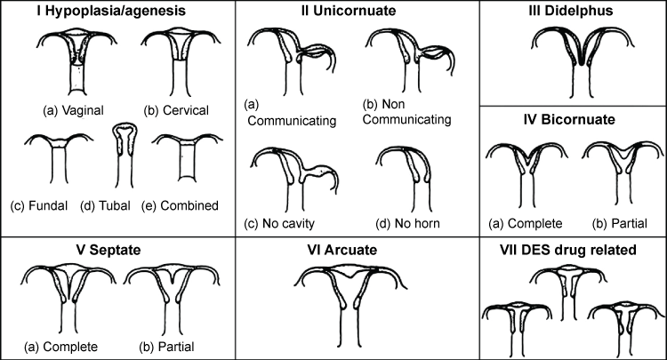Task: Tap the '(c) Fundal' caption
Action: tap(46, 205)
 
